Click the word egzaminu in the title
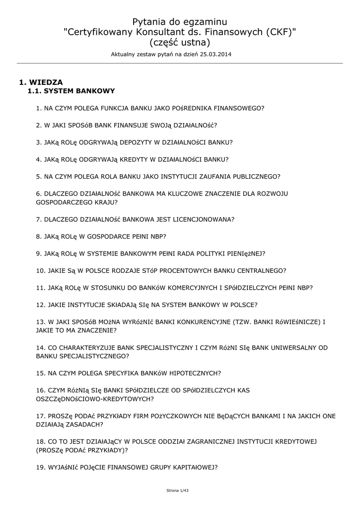click(205, 22)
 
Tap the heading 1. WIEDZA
click(41, 82)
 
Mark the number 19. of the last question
click(41, 467)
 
